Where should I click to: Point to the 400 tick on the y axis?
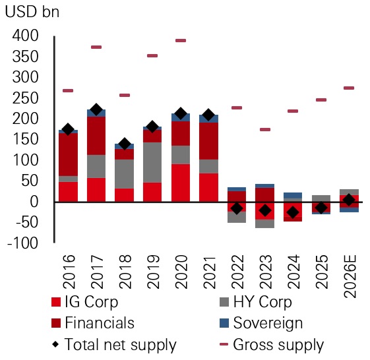[24, 36]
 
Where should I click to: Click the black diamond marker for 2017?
[96, 110]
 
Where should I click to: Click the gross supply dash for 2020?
[180, 41]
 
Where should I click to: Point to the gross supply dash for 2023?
[265, 129]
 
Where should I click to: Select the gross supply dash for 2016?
[67, 90]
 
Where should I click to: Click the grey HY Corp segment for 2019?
[152, 162]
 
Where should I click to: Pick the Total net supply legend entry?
[113, 344]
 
